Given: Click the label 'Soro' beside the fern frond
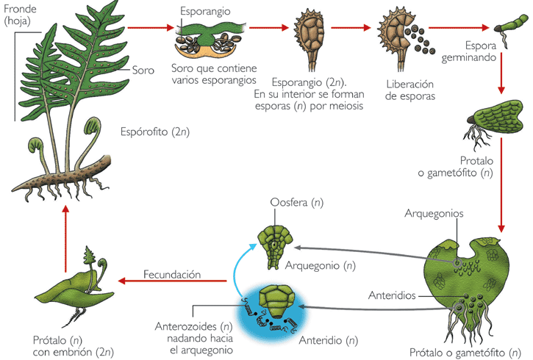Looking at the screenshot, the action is pyautogui.click(x=143, y=71).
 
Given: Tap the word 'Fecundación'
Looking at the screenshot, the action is pyautogui.click(x=172, y=275).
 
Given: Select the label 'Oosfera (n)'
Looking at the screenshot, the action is pyautogui.click(x=297, y=203).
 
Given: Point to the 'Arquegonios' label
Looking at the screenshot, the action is pyautogui.click(x=434, y=214).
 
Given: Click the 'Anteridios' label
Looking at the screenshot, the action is pyautogui.click(x=392, y=295).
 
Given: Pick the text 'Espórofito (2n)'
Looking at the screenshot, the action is pyautogui.click(x=155, y=132).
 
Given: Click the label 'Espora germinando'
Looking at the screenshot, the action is pyautogui.click(x=469, y=51).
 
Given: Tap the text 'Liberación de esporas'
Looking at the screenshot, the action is pyautogui.click(x=410, y=90).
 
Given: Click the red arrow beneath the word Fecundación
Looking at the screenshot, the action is pyautogui.click(x=172, y=281).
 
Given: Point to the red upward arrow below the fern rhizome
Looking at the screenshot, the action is pyautogui.click(x=65, y=239).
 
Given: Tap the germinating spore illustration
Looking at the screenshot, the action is pyautogui.click(x=509, y=30).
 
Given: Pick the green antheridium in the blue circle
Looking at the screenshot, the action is pyautogui.click(x=276, y=302).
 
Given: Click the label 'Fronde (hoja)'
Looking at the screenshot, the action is pyautogui.click(x=20, y=15).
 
